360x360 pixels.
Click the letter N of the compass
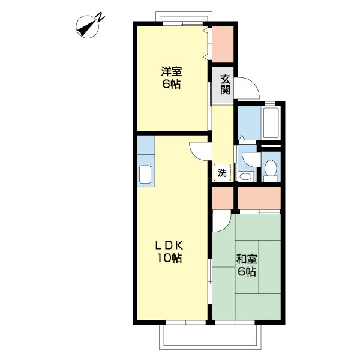coord(100,17)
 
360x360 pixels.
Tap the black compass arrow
coord(86,28)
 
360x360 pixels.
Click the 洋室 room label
coord(171,71)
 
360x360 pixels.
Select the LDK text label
coord(169,246)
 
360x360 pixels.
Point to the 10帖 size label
coord(169,258)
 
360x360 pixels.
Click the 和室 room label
coord(247,259)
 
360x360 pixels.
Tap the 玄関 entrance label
coord(226,85)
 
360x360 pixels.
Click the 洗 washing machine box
coord(222,172)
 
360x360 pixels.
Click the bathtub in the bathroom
coord(271,123)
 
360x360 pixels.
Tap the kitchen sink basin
coord(145,175)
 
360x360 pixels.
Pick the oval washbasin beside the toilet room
coord(245,177)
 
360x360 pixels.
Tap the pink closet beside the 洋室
coord(223,44)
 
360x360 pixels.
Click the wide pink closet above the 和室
coord(259,198)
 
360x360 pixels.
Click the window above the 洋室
coord(183,23)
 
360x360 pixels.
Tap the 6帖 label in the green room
coord(247,272)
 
